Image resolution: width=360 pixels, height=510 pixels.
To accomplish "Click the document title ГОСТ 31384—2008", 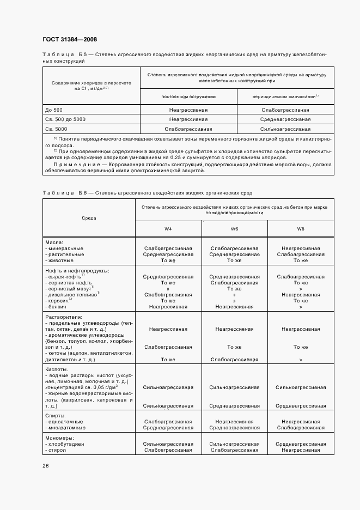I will [x=69, y=39].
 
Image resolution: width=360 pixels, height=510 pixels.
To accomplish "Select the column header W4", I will [x=168, y=229].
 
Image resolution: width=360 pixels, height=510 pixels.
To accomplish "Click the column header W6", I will [x=234, y=229].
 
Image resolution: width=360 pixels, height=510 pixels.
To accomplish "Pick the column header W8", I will [x=301, y=229].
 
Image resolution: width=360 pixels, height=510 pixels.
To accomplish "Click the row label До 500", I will [x=54, y=110].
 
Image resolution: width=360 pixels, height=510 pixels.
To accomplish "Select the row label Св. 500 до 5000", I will [x=65, y=119].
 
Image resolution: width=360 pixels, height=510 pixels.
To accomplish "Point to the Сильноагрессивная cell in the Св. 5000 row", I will [x=285, y=129].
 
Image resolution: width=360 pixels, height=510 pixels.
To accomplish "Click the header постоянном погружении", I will [x=188, y=96].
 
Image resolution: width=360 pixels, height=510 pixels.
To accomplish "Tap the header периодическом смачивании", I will [x=284, y=96].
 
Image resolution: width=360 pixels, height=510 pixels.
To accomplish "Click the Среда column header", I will [x=89, y=218].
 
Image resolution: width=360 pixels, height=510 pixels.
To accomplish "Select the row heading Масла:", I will [x=54, y=242].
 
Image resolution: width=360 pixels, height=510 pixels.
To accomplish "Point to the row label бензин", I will [x=58, y=307].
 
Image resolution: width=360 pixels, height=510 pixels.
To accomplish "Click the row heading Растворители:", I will [x=63, y=316].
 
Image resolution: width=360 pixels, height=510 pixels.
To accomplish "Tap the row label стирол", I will [x=58, y=451].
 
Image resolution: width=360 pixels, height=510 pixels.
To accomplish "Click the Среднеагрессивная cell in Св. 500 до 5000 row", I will [x=285, y=119].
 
